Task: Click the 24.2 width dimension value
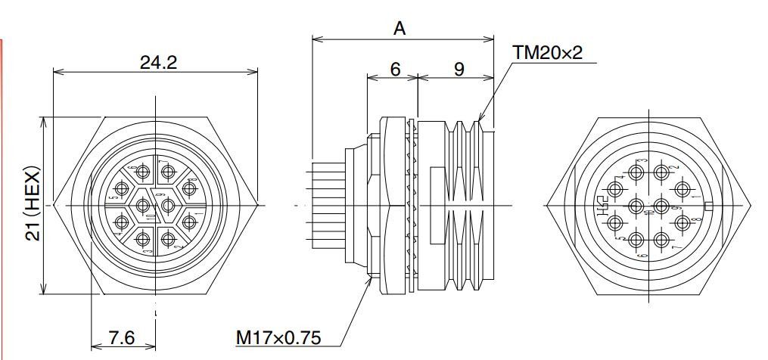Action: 158,63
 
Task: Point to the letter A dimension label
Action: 400,29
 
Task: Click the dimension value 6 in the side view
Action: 395,69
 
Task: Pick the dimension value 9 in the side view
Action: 459,69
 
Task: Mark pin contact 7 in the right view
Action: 662,240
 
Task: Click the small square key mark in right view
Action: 708,206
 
